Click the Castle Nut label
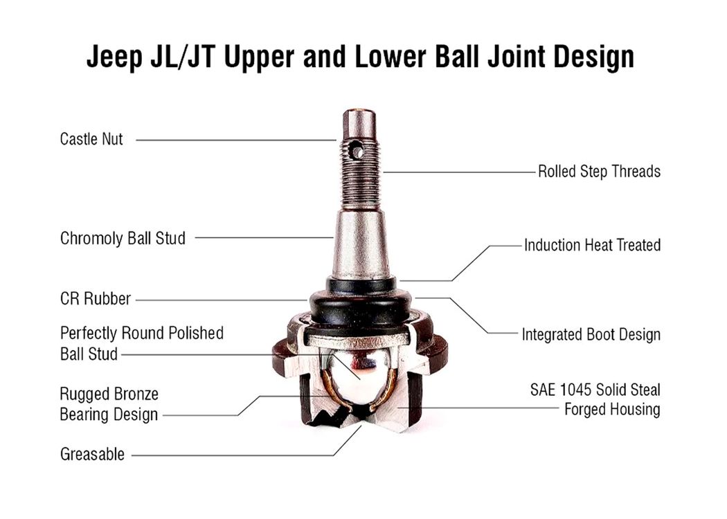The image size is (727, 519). pos(91,139)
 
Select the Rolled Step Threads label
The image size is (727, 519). pos(599,172)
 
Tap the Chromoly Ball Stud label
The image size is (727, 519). pos(123,238)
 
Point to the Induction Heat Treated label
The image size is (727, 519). pos(592,245)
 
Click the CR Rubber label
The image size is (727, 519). pos(96,299)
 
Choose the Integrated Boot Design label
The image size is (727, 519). pos(591,334)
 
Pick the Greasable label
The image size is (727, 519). pos(92,454)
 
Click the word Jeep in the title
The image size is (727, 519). pos(114,57)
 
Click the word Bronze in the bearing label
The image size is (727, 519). pos(134,394)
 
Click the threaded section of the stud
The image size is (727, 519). pos(360,176)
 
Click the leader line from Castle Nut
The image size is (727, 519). pos(236,140)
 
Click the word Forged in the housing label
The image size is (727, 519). pos(584,410)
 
